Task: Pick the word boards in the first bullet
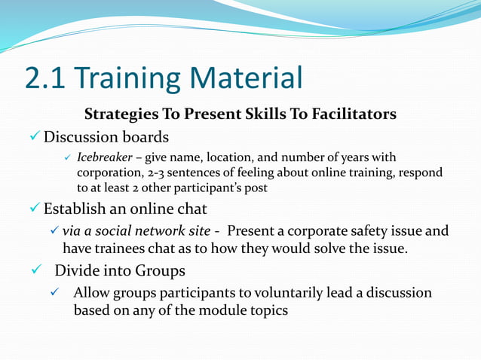[144, 137]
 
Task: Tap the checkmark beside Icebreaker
[66, 157]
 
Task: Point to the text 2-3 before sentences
[157, 172]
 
